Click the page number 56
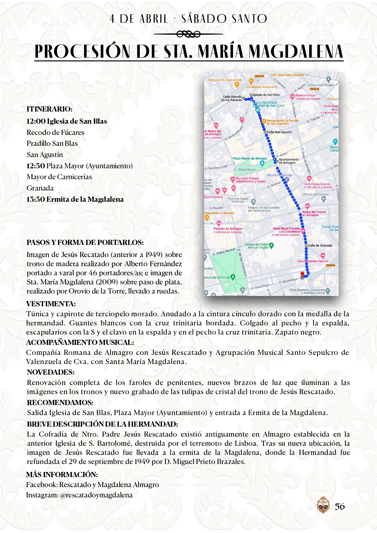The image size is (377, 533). coord(340,506)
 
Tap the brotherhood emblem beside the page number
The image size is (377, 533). coord(323,505)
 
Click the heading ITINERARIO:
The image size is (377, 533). coord(50,109)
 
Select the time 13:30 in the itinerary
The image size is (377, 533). coord(36,199)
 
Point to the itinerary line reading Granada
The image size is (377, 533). coord(40,188)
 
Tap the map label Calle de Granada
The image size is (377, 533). coord(320,246)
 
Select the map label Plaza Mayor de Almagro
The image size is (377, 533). coord(250,158)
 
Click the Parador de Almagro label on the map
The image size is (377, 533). coord(228,229)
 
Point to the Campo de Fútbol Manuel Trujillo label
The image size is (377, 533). coord(257,246)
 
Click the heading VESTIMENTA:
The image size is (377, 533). coord(51,304)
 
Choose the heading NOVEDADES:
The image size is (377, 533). coord(51,372)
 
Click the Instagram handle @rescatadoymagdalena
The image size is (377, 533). coord(96,495)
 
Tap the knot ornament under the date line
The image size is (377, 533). coord(188,34)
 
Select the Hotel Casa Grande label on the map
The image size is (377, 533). coord(317,184)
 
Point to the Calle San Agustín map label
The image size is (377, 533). coord(279,132)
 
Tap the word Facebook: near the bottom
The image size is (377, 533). coord(42,485)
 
